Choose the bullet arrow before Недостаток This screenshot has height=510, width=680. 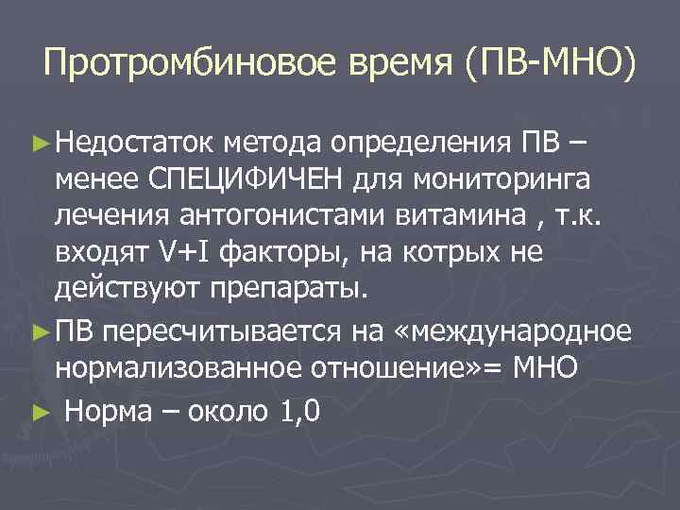(39, 144)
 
